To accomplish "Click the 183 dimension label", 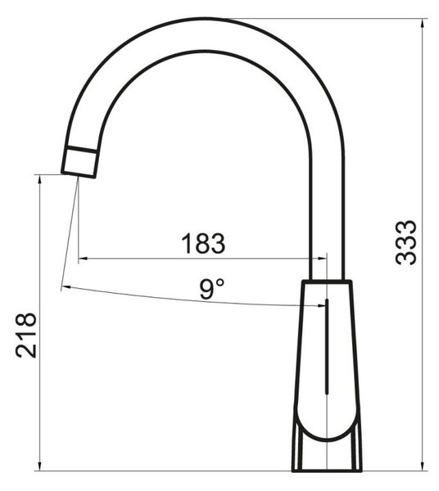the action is point(203,243).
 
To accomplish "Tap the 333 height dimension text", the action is point(405,242).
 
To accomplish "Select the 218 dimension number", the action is point(25,335).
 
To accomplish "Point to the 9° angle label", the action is point(212,289).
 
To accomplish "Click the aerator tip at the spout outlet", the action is point(79,164).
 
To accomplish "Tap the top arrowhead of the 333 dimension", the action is point(423,24).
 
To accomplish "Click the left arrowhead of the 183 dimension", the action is point(83,259).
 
